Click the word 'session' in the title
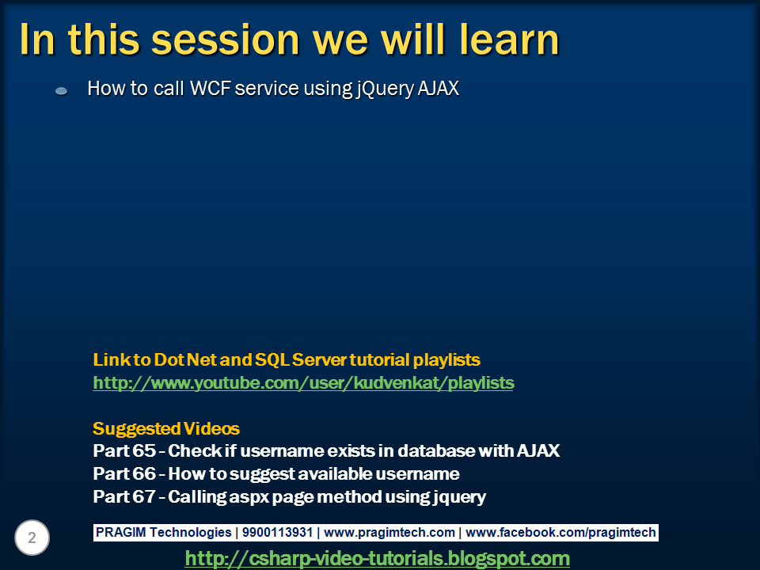point(226,40)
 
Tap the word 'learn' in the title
point(509,39)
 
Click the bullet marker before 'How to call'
point(61,90)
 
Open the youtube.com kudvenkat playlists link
point(303,383)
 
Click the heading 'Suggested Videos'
point(166,428)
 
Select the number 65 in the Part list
point(144,450)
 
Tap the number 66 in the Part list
point(144,473)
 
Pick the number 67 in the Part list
point(144,496)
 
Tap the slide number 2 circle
point(32,538)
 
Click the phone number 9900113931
point(277,532)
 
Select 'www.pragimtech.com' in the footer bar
point(389,532)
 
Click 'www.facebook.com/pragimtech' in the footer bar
point(560,532)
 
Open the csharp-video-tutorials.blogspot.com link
point(377,558)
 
